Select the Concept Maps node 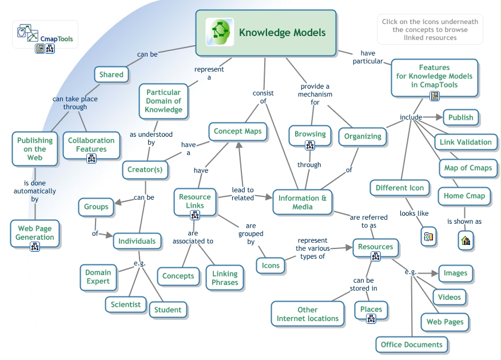coord(237,131)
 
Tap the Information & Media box coord(303,202)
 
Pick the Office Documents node coord(412,344)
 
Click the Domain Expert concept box coord(98,278)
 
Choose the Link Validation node coord(466,142)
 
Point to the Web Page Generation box coord(35,232)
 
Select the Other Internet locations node coord(308,314)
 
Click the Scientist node coord(126,304)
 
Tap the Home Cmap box coord(464,196)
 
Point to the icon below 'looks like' coord(428,236)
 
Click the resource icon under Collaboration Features coord(92,159)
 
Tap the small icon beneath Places coord(371,319)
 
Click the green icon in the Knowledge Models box coord(220,32)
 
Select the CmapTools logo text coord(56,39)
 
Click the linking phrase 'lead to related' coord(242,194)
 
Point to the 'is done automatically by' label coord(35,191)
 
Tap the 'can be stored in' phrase coord(364,284)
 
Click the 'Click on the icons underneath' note coord(430,30)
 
